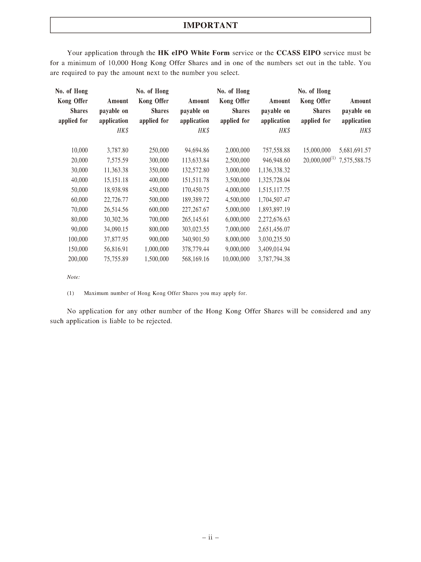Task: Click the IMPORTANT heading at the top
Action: click(x=210, y=25)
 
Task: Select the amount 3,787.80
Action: click(x=117, y=150)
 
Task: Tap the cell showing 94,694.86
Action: click(x=197, y=150)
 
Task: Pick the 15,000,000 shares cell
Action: click(x=317, y=150)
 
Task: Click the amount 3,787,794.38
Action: click(x=274, y=259)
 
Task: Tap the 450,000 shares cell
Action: click(x=159, y=190)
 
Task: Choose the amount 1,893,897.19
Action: click(x=274, y=210)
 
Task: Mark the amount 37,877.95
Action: click(x=116, y=239)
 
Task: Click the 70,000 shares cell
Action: click(x=79, y=210)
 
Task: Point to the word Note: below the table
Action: click(x=73, y=277)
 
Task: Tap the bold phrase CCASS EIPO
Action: click(x=298, y=53)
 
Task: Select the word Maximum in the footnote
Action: click(x=95, y=293)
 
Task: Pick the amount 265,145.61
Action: click(x=195, y=219)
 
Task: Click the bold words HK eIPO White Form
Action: click(x=194, y=53)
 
